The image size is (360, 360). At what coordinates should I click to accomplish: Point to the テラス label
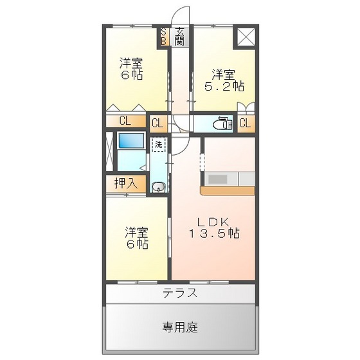click(x=179, y=293)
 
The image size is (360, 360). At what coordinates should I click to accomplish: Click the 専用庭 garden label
click(x=179, y=328)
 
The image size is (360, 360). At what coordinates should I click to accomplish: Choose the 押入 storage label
click(x=125, y=183)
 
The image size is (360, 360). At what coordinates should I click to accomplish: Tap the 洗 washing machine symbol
click(x=158, y=144)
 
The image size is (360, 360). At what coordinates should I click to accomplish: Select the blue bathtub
click(x=130, y=141)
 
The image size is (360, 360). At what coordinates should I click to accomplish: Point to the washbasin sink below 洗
click(x=158, y=187)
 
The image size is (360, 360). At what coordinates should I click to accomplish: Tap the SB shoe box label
click(x=163, y=36)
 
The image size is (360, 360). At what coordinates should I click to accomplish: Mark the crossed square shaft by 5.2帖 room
click(x=245, y=37)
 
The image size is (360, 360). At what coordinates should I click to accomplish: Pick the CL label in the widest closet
click(x=125, y=121)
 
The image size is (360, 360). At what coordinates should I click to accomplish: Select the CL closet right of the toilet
click(x=245, y=123)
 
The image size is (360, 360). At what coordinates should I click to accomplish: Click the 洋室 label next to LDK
click(x=136, y=231)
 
